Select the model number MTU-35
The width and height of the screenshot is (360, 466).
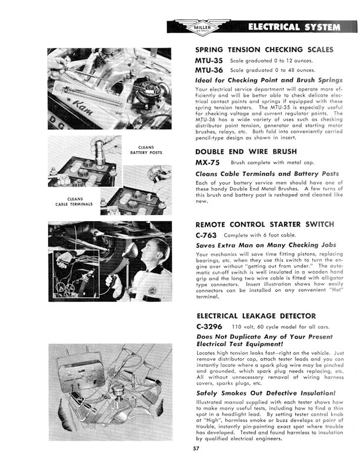click(209, 61)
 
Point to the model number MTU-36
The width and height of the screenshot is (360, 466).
click(209, 70)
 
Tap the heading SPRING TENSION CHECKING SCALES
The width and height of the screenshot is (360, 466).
click(264, 50)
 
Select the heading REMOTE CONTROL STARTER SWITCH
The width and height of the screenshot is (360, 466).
click(264, 224)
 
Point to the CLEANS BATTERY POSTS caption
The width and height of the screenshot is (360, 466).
click(146, 149)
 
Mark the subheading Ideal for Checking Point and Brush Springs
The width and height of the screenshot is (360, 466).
click(268, 79)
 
